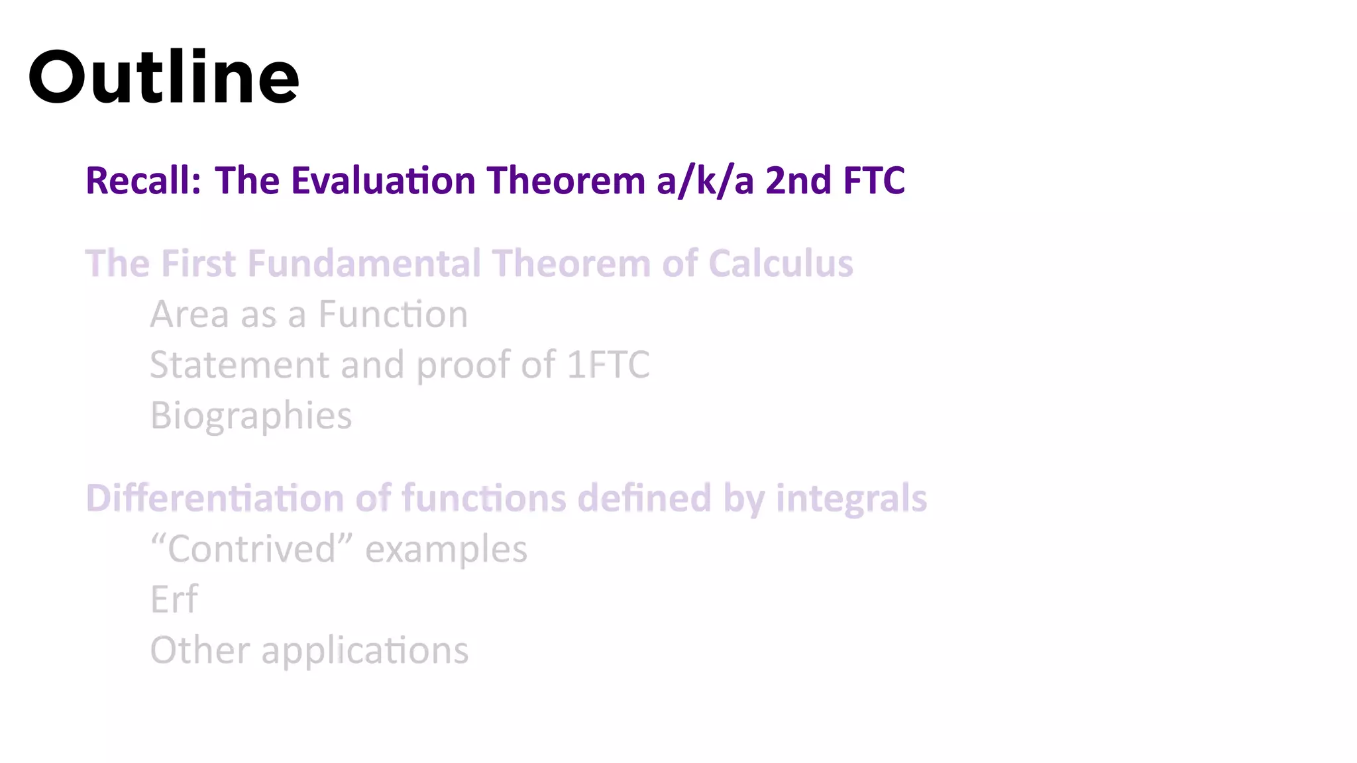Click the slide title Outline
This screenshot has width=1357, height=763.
[164, 77]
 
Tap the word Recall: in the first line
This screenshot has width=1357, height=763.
[143, 180]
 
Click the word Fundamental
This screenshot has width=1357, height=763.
[364, 263]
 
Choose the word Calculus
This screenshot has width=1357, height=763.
[781, 263]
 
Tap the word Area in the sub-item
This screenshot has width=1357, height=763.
[190, 315]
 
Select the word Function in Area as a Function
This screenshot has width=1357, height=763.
[393, 315]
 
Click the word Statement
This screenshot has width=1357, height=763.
[239, 365]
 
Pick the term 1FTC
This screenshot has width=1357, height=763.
[608, 365]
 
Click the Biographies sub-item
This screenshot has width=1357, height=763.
[251, 416]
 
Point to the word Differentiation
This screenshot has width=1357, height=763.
[215, 498]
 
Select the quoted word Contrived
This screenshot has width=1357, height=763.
[252, 549]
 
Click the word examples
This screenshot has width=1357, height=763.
[446, 550]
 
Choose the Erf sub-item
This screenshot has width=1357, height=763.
[174, 599]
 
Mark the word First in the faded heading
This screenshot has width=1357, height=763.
[198, 263]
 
